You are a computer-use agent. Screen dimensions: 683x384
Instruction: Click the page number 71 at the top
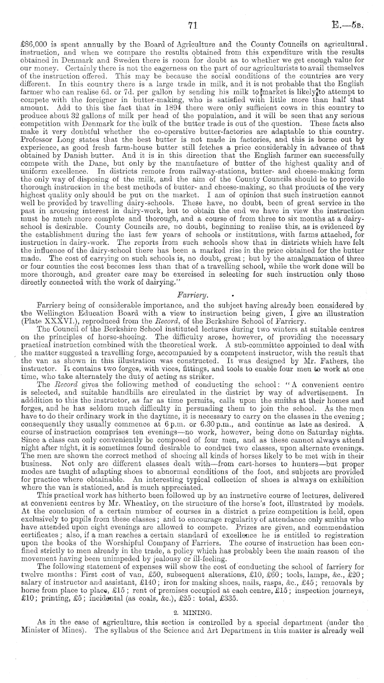pyautogui.click(x=192, y=25)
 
